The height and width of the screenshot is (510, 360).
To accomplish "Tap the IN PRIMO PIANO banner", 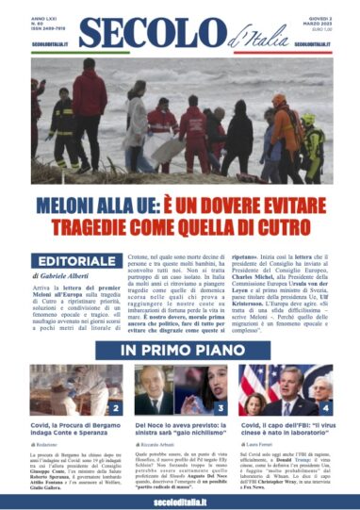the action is tap(179, 351).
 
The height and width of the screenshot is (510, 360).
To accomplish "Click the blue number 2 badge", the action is tap(115, 408).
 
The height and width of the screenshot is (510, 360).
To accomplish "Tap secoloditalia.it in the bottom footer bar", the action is tap(179, 497).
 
